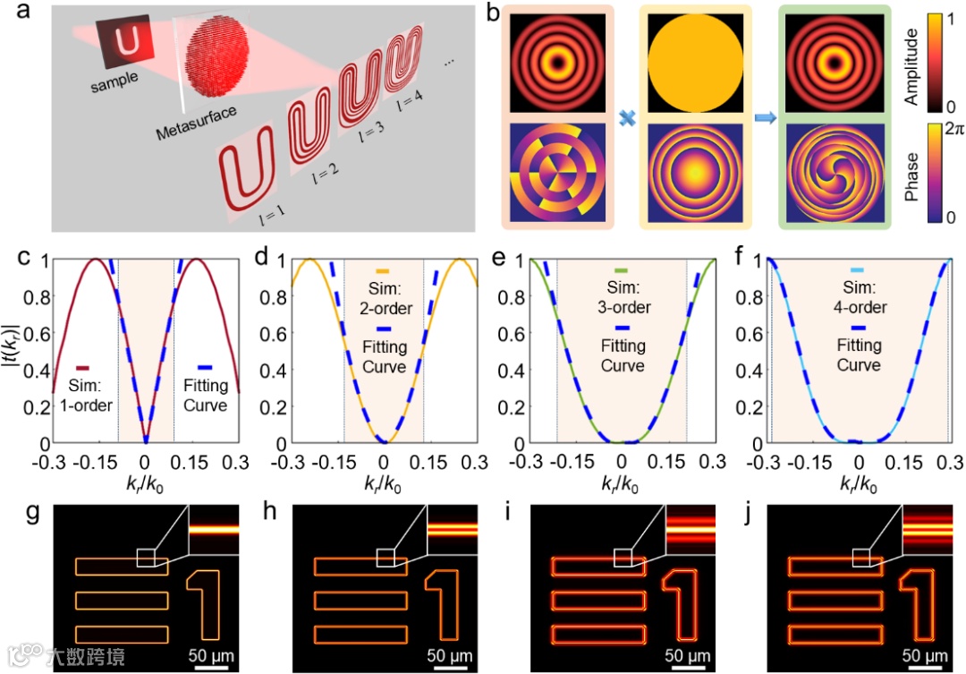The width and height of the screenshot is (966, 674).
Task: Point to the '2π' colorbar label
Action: (x=941, y=130)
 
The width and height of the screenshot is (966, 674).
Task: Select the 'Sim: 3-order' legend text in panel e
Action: (x=623, y=299)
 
